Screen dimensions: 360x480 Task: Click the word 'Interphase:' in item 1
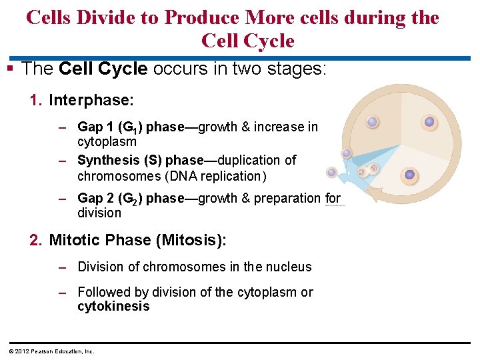pyautogui.click(x=91, y=100)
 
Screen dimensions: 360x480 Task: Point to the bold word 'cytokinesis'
pyautogui.click(x=113, y=307)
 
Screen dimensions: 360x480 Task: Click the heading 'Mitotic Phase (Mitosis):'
pyautogui.click(x=137, y=240)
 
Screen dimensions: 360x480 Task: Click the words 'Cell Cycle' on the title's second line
pyautogui.click(x=247, y=41)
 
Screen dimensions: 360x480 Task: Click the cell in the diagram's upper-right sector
pyautogui.click(x=429, y=122)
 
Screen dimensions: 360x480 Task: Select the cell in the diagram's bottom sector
pyautogui.click(x=410, y=175)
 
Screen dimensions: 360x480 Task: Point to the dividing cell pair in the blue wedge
pyautogui.click(x=368, y=170)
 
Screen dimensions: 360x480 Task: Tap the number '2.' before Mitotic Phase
pyautogui.click(x=36, y=240)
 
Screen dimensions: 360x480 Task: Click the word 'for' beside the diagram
pyautogui.click(x=333, y=198)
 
